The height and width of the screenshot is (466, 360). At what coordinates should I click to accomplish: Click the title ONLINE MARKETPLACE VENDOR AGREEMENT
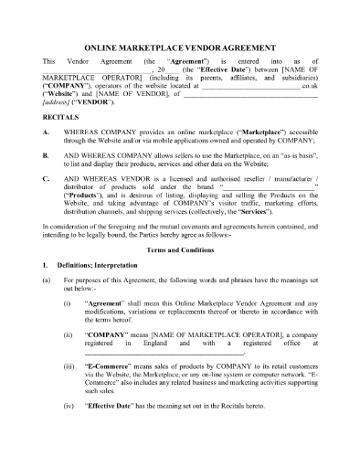(180, 44)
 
